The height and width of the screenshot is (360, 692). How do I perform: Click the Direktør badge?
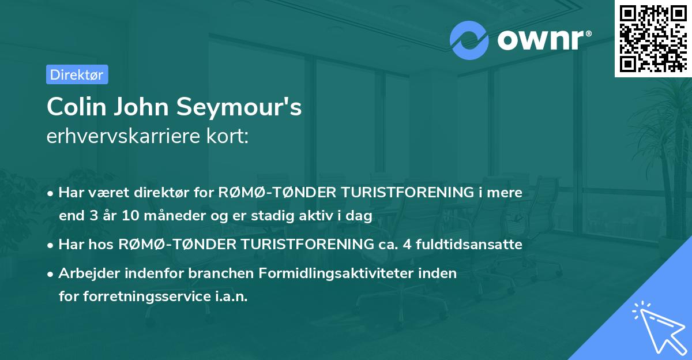pyautogui.click(x=76, y=74)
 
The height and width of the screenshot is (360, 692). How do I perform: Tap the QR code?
pyautogui.click(x=652, y=38)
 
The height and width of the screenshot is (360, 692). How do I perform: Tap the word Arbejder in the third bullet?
pyautogui.click(x=83, y=273)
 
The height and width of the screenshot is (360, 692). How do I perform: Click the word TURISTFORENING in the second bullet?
pyautogui.click(x=303, y=245)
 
